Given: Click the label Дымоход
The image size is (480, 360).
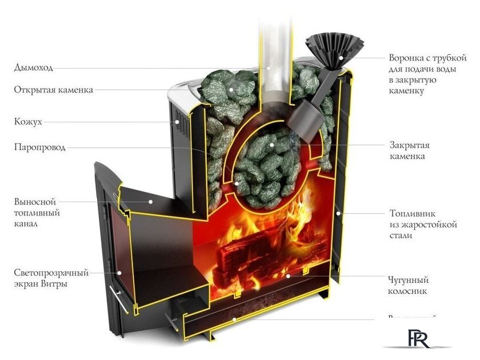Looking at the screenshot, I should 34,68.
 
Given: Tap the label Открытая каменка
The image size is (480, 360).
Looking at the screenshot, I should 54,90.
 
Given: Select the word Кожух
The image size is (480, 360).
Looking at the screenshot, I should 28,122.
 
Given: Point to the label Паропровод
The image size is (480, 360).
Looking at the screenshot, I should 40,147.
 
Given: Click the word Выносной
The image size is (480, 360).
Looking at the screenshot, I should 35,202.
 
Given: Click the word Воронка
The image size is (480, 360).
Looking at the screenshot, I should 406,58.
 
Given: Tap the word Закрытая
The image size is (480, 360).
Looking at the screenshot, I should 409,145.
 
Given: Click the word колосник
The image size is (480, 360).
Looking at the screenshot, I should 408,291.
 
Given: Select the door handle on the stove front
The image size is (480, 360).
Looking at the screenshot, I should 118,297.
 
